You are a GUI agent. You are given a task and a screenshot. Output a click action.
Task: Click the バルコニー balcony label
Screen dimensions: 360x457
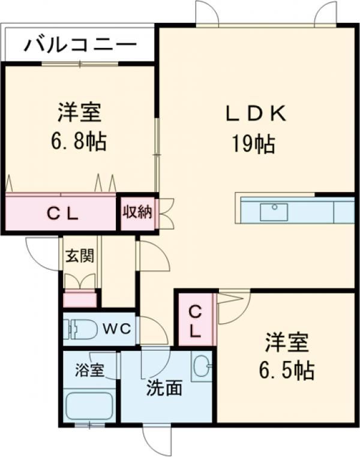click(80, 45)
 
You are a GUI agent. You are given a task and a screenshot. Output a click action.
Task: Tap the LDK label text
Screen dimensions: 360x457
click(256, 114)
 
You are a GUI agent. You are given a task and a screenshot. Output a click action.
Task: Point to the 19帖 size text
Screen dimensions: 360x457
click(253, 144)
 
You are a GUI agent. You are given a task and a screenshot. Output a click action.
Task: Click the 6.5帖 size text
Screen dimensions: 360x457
click(287, 370)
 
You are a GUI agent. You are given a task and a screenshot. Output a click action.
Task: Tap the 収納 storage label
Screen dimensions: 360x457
click(137, 212)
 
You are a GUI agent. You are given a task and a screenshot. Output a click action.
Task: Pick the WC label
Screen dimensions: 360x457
click(117, 329)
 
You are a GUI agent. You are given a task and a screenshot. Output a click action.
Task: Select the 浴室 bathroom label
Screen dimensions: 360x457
click(89, 371)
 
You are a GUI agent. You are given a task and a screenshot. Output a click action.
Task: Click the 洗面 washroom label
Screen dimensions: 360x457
click(164, 388)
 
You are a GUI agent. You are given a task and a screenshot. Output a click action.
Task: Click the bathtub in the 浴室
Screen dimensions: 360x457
click(89, 406)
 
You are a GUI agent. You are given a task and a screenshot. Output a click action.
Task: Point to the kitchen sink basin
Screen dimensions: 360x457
click(274, 212)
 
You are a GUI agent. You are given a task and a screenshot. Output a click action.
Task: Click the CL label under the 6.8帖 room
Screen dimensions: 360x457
click(62, 215)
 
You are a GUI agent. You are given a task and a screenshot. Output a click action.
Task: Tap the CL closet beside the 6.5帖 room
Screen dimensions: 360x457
click(196, 320)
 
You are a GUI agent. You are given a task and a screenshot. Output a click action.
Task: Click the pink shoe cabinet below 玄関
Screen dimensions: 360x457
click(80, 299)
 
